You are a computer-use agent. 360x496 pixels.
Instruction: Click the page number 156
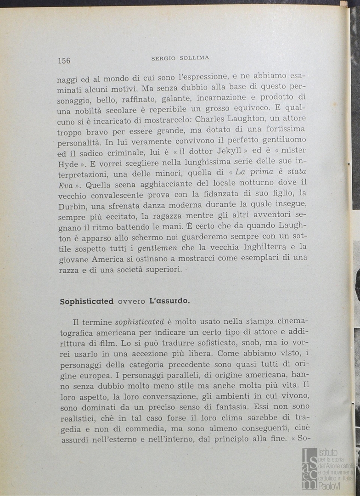tap(64, 61)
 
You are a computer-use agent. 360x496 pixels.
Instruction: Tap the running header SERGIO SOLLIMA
tap(180, 58)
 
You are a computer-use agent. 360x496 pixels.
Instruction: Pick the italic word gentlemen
tap(157, 248)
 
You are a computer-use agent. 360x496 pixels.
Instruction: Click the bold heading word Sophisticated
tap(87, 302)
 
